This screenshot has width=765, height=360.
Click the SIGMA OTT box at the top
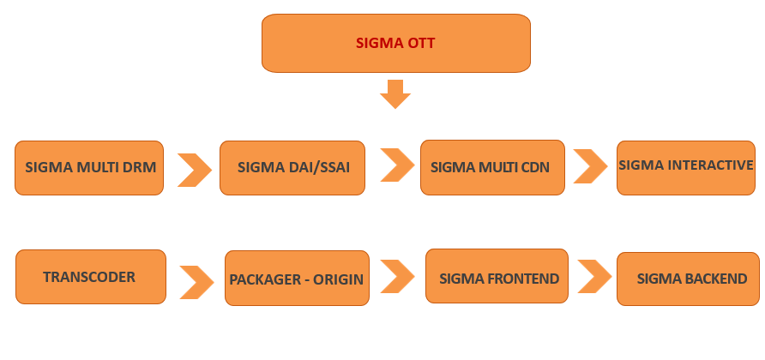395,43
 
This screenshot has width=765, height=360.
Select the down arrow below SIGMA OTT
395,93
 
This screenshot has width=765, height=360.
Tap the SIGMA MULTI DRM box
89,167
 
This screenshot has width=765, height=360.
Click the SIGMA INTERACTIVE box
687,165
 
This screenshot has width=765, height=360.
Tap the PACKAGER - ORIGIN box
297,279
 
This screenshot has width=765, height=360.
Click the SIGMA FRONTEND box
497,277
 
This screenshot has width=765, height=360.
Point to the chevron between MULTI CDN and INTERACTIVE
590,165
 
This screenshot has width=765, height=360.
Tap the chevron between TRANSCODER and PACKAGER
196,280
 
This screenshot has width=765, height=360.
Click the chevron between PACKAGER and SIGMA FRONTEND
397,276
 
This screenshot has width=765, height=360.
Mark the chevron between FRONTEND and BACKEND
593,276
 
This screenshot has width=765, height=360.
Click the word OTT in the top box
419,42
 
